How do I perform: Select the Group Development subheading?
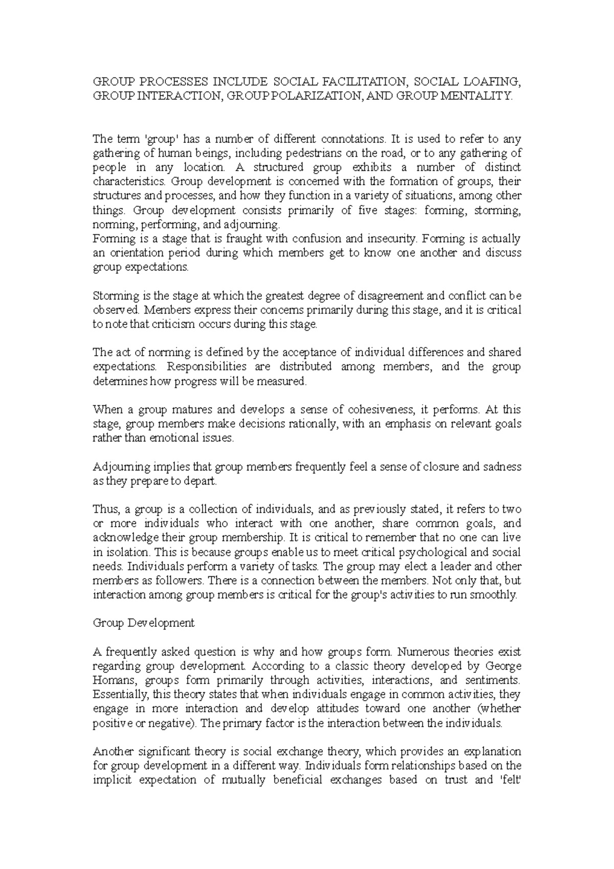143,623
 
